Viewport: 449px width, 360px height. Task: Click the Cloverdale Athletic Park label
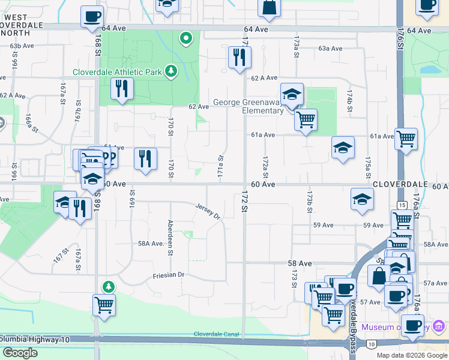pos(118,72)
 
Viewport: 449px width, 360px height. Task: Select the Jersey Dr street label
pos(208,210)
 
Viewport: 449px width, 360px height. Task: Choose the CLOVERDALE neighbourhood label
pos(400,184)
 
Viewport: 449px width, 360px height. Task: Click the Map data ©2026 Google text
pos(411,355)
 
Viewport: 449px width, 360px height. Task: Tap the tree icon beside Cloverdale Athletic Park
pos(172,71)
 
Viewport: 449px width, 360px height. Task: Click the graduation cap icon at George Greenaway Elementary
pos(292,94)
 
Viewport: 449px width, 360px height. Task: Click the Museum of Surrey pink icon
pos(439,327)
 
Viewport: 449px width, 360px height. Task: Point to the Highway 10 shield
pos(372,344)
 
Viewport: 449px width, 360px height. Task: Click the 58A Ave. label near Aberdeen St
pos(151,244)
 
